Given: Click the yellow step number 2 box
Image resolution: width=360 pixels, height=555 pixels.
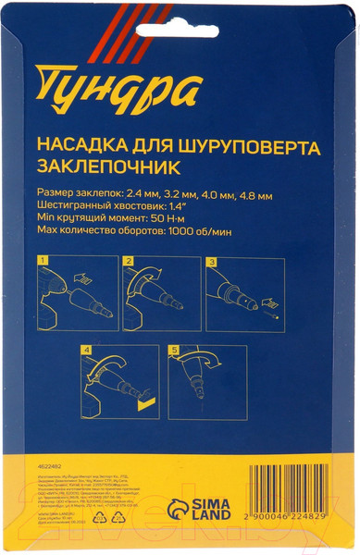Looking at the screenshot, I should pyautogui.click(x=128, y=264).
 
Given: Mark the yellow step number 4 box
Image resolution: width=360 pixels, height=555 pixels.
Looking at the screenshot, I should pyautogui.click(x=86, y=351).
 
